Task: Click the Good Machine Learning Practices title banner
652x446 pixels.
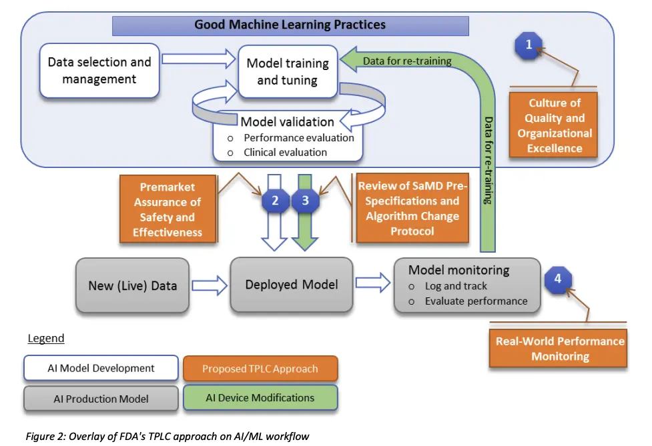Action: click(290, 26)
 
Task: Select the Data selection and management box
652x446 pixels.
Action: click(99, 71)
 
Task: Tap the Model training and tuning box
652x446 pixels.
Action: click(288, 71)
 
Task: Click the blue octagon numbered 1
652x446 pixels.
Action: click(529, 46)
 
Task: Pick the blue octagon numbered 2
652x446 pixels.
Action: click(275, 199)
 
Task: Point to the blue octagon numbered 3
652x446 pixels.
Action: click(306, 199)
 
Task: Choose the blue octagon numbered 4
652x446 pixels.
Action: click(558, 279)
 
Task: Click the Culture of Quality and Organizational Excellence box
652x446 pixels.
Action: click(554, 125)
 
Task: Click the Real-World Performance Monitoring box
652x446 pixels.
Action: click(559, 348)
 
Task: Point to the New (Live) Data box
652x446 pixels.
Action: click(132, 286)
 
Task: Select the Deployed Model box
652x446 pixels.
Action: click(291, 285)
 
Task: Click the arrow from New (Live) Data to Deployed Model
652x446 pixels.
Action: click(208, 285)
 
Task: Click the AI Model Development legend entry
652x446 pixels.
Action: click(101, 368)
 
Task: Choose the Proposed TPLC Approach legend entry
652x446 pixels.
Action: click(260, 369)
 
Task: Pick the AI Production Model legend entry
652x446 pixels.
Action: click(101, 399)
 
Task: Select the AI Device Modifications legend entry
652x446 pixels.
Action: click(260, 398)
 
